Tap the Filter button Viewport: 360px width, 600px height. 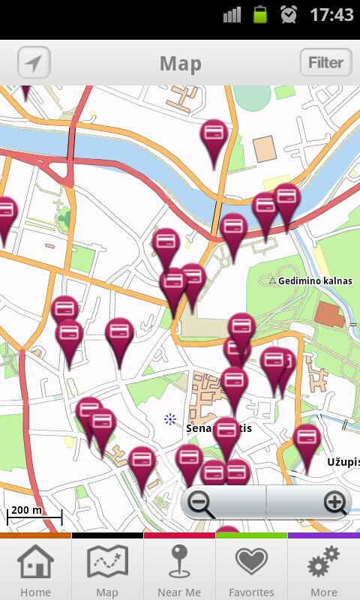(x=325, y=63)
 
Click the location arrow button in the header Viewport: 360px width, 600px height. (x=33, y=63)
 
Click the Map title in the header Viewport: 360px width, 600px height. (x=180, y=64)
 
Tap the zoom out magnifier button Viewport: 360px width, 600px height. (x=202, y=502)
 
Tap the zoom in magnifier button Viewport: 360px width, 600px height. (x=335, y=502)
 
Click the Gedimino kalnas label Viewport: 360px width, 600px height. (x=314, y=281)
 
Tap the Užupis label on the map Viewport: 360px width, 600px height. (x=343, y=462)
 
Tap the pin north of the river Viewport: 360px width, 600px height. (x=214, y=138)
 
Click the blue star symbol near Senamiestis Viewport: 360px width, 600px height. (x=170, y=419)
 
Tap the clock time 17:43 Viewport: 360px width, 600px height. (x=331, y=15)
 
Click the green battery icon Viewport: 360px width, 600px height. (x=260, y=14)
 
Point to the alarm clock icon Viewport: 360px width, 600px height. (x=289, y=14)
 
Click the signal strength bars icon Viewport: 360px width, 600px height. (x=232, y=14)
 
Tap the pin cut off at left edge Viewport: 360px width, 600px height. (x=5, y=215)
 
